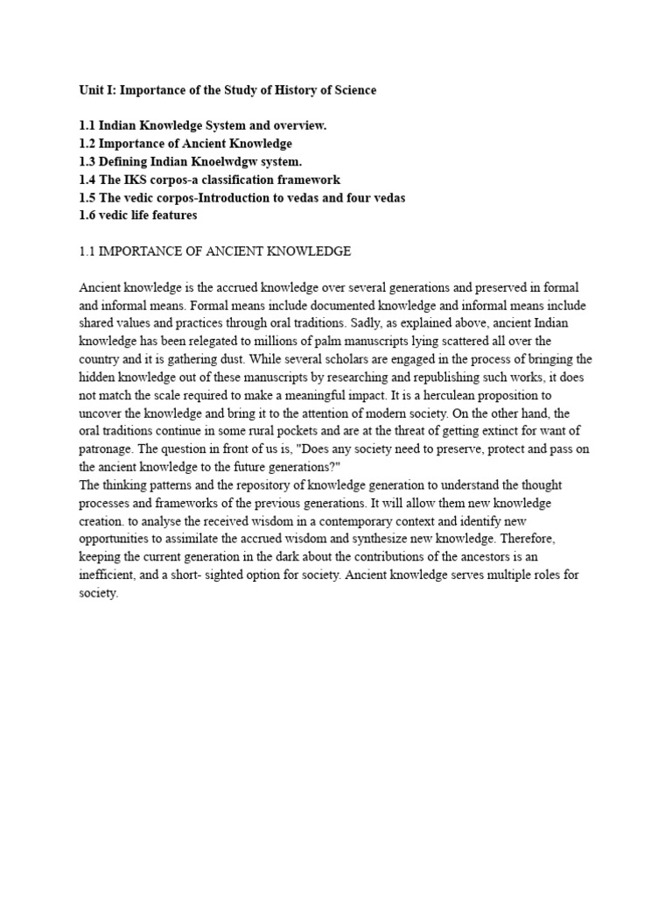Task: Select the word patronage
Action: pos(106,447)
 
